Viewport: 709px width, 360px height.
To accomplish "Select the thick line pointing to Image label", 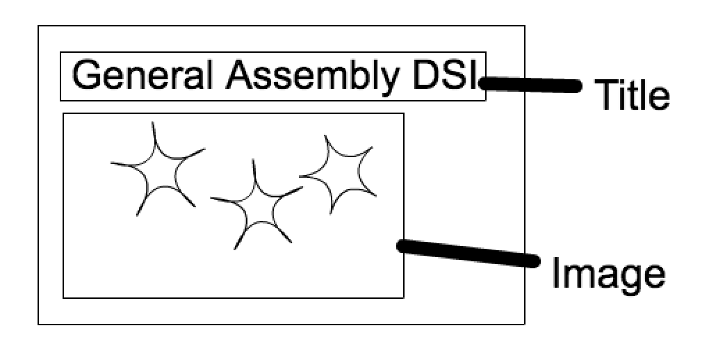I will (x=468, y=253).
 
